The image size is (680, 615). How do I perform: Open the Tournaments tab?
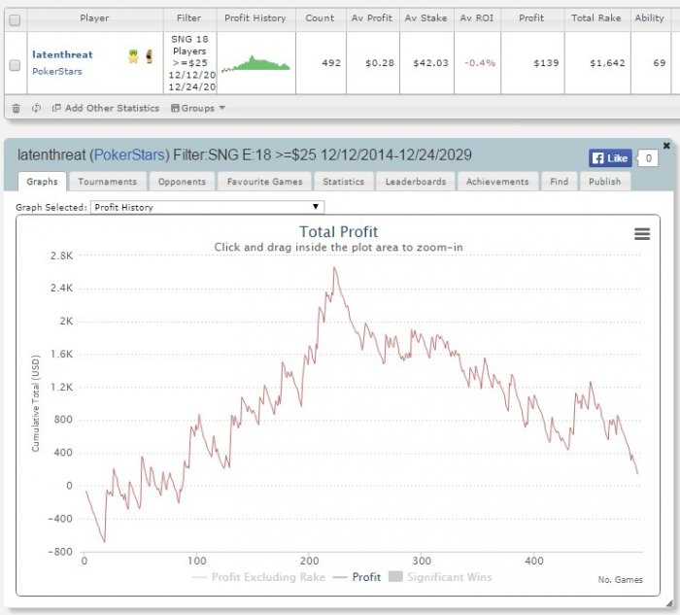point(107,182)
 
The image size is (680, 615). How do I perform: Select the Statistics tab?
point(344,182)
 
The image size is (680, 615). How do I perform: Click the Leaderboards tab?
point(416,182)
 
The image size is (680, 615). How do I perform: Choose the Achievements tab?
point(497,182)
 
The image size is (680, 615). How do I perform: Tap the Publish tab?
point(604,182)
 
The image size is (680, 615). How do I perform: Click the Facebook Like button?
point(610,158)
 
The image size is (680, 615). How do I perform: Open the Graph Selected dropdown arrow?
point(316,207)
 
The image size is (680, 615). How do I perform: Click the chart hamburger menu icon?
point(642,234)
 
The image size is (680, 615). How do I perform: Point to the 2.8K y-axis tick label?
point(61,256)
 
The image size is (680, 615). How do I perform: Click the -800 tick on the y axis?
point(60,552)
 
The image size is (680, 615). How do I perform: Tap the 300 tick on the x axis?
point(422,561)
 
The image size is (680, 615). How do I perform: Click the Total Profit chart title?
point(338,232)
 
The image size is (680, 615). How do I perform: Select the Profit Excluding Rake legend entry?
point(259,577)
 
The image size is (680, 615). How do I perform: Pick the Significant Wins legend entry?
point(441,577)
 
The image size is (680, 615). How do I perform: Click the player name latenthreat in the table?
point(62,54)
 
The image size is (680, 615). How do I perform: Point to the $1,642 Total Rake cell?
point(607,63)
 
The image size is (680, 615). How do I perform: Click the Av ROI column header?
point(477,18)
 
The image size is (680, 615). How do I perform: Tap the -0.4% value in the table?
point(480,63)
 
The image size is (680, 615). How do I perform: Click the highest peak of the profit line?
point(334,267)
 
